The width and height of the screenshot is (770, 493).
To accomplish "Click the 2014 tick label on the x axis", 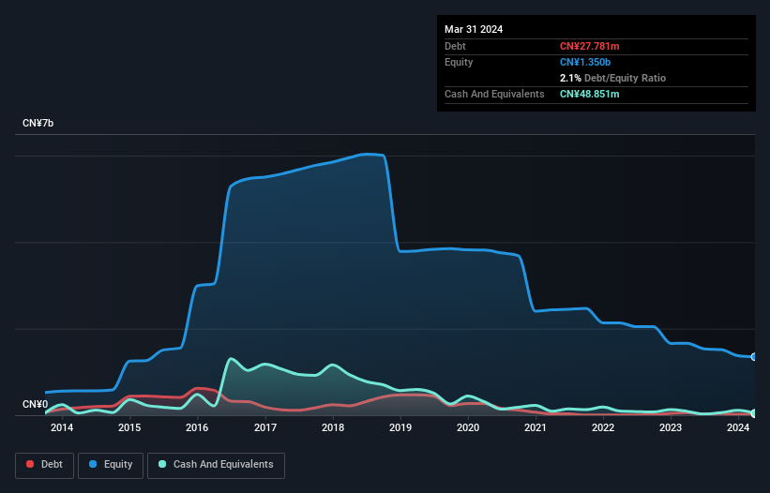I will pos(62,428).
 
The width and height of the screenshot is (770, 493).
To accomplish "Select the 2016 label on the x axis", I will pos(197,428).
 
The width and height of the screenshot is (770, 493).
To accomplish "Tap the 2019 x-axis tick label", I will pos(400,428).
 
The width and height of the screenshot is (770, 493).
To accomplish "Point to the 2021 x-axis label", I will pos(536,428).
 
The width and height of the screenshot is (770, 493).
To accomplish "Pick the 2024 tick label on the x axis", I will pos(738,428).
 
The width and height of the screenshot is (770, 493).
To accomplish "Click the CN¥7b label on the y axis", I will pos(38,124).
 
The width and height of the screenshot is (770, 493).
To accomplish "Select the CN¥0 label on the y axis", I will pos(35,405).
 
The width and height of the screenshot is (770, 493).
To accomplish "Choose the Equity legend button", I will pos(111,465).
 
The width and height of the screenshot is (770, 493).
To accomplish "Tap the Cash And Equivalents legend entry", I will pos(216,465).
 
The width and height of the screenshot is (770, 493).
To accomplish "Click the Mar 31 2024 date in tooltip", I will pos(474,29).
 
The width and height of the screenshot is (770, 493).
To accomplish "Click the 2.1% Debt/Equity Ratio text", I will pos(612,78).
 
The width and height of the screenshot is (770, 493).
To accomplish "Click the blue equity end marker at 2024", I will pos(754,357).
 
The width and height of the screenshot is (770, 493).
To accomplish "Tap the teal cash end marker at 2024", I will pos(754,413).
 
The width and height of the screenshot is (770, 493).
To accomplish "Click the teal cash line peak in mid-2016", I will pos(231,359).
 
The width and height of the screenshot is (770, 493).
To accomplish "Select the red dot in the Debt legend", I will pos(31,465).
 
